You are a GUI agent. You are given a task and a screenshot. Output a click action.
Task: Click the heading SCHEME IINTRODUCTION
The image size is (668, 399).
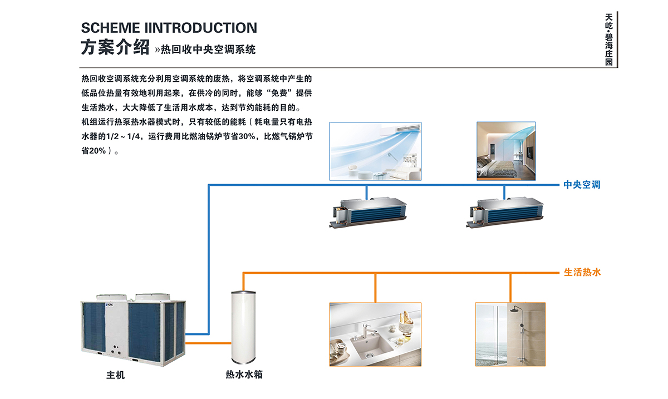169,28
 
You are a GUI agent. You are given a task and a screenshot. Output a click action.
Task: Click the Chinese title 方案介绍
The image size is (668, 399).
115,48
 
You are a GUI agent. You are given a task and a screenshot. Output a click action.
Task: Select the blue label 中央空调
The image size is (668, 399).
582,185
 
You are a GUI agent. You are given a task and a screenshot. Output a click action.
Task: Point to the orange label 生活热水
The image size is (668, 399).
582,273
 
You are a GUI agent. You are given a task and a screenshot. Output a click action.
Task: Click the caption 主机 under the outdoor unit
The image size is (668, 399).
116,375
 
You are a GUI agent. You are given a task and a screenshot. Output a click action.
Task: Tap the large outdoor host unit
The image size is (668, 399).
132,327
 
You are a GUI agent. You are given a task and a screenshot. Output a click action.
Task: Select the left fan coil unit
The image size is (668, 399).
366,213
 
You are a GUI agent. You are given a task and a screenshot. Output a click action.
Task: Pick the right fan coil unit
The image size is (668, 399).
505,213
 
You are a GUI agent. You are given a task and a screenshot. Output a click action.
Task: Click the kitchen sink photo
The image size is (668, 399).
375,334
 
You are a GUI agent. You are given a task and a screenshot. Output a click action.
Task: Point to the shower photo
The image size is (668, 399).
510,334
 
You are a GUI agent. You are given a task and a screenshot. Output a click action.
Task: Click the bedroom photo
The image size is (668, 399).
506,151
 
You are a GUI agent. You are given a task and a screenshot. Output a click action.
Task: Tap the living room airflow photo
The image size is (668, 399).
375,151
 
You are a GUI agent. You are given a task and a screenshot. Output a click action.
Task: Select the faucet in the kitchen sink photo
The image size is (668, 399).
367,332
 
